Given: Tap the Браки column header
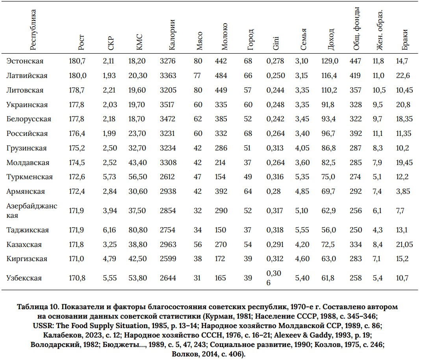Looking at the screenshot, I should tap(405, 39).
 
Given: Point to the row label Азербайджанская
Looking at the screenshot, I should tap(32, 211).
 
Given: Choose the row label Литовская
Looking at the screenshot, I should tap(25, 90).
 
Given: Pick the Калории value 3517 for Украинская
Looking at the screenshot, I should tap(167, 105).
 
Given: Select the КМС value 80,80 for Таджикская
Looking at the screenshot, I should tap(137, 230).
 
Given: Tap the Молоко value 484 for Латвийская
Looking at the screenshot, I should tap(221, 76).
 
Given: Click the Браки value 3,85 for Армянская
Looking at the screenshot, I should tap(403, 191).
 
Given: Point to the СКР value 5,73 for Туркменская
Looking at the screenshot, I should tap(109, 177).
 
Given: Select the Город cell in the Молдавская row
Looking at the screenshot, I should tap(248, 163).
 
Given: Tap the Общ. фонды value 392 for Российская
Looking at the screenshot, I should tap(356, 134).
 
